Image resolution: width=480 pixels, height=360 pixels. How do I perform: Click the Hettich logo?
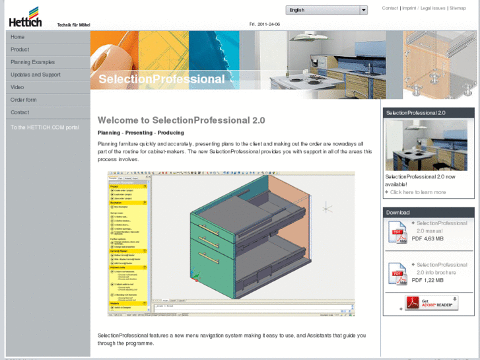point(25,17)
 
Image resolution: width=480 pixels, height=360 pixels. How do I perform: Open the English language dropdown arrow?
point(363,10)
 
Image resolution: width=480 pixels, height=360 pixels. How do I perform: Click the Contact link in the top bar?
point(390,9)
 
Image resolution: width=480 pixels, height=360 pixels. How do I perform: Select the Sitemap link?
point(458,9)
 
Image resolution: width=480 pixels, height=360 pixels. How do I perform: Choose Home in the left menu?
point(18,37)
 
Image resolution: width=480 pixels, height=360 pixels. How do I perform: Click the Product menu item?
point(20,50)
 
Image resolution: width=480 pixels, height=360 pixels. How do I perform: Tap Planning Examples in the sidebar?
point(32,62)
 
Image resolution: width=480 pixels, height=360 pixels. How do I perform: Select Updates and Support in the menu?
point(35,75)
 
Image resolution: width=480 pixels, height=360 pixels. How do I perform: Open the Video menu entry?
point(17,87)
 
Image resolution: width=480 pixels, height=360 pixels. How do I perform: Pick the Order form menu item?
point(24,100)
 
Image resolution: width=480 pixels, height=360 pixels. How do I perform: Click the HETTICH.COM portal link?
point(44,127)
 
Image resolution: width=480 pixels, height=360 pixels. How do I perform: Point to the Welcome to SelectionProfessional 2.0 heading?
point(181,120)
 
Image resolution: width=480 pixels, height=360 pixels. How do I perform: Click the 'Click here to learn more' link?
point(418,192)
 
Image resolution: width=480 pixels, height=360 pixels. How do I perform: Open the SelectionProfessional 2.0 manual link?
point(441,227)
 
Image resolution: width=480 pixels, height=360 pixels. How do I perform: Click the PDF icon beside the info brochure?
point(397,273)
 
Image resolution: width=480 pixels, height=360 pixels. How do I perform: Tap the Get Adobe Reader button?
point(431,303)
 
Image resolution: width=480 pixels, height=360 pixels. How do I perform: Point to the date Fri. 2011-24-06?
point(265,24)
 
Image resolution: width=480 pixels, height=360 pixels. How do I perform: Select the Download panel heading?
point(398,213)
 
